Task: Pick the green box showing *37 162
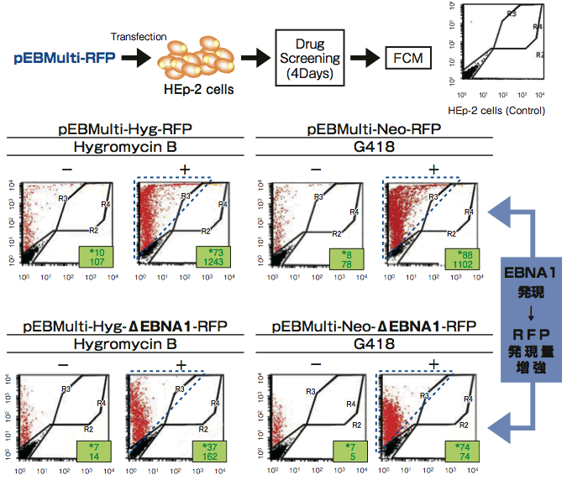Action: click(208, 451)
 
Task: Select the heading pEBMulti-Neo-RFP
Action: click(374, 130)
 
